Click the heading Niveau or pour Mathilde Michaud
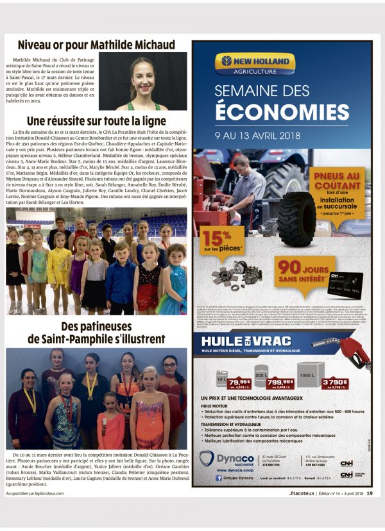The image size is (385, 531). pyautogui.click(x=96, y=45)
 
